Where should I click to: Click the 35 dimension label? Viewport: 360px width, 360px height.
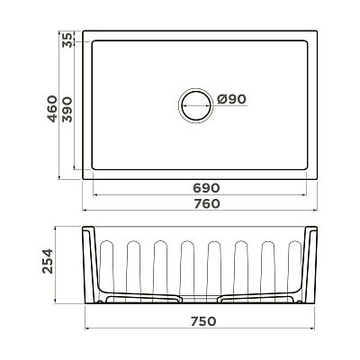(x=67, y=40)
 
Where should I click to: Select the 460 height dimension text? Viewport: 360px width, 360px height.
(x=52, y=109)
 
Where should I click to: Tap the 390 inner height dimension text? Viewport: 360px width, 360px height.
(x=67, y=110)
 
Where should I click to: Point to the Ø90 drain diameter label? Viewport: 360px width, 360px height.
(x=231, y=99)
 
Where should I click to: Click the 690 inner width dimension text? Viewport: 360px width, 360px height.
(x=206, y=188)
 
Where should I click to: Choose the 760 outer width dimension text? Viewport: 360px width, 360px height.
(x=207, y=203)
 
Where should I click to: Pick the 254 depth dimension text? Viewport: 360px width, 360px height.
(x=48, y=261)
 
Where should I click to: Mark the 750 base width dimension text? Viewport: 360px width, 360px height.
(x=203, y=321)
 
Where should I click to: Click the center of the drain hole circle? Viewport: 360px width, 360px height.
(x=196, y=105)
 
